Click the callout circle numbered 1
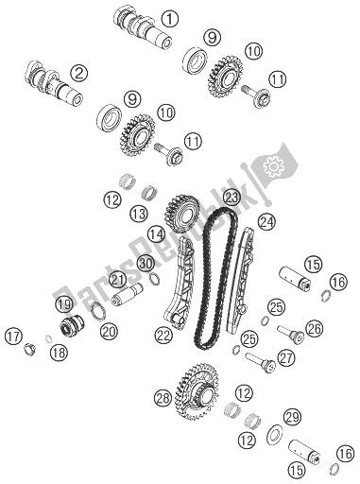(169, 18)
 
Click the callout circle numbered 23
(231, 199)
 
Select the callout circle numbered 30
(145, 262)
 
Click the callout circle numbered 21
(117, 279)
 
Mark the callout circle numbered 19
(64, 304)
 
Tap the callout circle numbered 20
(109, 330)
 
